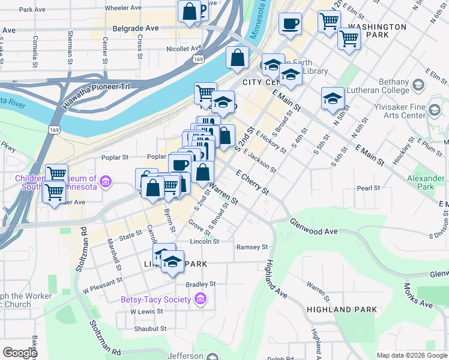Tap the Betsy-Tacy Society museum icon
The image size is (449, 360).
[200, 299]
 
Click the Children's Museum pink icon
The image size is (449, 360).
[106, 181]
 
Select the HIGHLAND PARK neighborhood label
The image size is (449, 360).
[336, 310]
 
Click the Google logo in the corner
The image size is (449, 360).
[20, 352]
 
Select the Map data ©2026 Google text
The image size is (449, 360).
[411, 355]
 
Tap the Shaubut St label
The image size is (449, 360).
[150, 329]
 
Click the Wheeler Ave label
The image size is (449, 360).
[123, 8]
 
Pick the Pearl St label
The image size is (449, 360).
[369, 188]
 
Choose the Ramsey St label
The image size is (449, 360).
[252, 247]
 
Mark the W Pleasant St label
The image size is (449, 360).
[103, 280]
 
